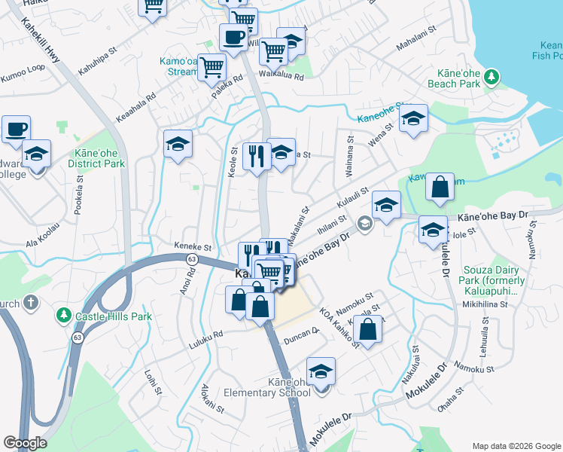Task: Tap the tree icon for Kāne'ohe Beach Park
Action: pos(491,77)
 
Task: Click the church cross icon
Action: pos(30,303)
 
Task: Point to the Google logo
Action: pos(25,442)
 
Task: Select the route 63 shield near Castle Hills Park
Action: pos(78,338)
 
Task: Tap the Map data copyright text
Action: pos(516,446)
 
